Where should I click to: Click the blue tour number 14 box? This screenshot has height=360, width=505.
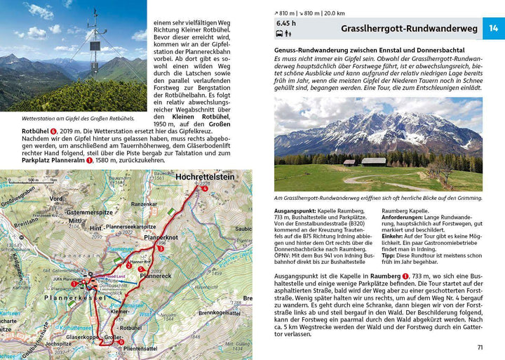tap(493, 29)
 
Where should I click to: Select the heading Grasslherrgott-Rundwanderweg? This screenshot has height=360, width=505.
tap(409, 29)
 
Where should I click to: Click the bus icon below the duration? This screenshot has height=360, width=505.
tap(279, 34)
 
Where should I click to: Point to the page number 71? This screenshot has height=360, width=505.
tap(480, 347)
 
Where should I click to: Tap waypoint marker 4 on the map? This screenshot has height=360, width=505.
tap(204, 189)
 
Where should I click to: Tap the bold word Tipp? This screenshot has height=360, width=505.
tap(389, 254)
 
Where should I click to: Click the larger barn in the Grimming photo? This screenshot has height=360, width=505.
tap(373, 161)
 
